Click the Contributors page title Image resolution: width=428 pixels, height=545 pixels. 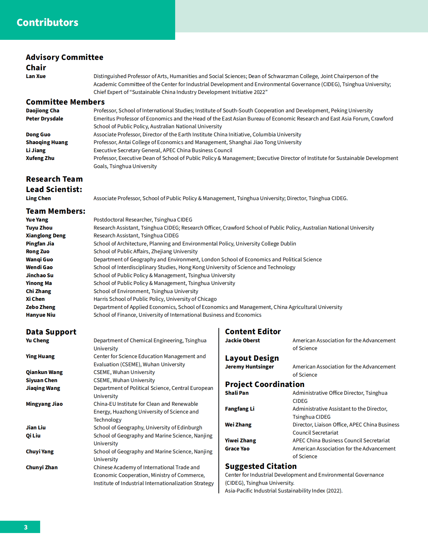pos(48,22)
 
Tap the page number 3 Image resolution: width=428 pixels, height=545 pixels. pos(26,527)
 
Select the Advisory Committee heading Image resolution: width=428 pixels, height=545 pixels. pos(64,57)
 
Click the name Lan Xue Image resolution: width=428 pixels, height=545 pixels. pos(36,76)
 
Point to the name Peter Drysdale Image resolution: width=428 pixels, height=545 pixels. pos(44,119)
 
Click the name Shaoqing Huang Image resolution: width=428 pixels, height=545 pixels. pos(47,142)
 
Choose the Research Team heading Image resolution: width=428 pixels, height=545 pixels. pos(54,179)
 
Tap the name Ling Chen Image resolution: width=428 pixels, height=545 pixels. pos(38,198)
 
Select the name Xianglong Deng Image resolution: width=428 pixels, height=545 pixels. pos(46,235)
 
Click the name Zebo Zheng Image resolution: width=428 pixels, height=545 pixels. pos(40,307)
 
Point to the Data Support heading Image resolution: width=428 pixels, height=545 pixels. pos(51,332)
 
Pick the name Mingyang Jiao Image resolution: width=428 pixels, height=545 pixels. pos(44,404)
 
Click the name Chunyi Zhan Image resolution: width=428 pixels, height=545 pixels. pos(41,467)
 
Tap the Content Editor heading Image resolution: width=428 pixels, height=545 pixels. pos(253,332)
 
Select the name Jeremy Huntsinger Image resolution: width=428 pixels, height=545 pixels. pos(249,367)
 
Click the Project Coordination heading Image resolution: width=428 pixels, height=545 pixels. pos(265,384)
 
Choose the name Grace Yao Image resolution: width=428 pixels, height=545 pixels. pos(237,448)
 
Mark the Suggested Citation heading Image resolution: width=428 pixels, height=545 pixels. pos(261,466)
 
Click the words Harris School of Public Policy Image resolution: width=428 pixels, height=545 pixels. pos(128,299)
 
